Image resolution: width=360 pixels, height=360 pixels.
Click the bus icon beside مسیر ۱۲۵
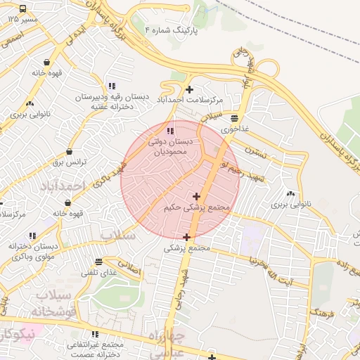pos(23,9)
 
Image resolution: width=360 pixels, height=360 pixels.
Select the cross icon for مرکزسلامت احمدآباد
pos(189,89)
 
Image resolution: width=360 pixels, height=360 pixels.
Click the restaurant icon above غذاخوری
pos(234,118)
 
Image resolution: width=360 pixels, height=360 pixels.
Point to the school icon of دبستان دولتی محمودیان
pos(169,130)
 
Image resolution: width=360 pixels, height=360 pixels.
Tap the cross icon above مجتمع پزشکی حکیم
pos(195,196)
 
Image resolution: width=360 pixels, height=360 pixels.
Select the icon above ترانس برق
pos(70,151)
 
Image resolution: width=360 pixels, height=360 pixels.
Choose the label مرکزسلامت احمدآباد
pos(188,100)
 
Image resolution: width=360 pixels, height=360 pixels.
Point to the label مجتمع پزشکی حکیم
pos(197,208)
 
